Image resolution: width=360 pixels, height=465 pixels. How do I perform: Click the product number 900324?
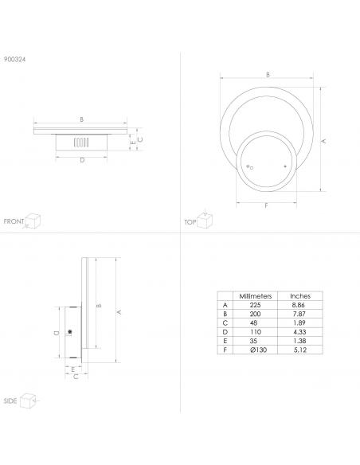14,59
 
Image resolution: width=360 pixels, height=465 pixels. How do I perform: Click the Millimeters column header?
256,296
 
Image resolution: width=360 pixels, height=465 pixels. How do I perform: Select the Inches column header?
300,296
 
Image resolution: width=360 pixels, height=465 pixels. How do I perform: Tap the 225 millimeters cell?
255,305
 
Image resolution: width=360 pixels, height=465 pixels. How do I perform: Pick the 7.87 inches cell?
299,314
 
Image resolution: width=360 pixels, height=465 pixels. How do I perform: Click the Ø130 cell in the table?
258,350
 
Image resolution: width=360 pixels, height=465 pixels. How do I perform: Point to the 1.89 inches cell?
299,322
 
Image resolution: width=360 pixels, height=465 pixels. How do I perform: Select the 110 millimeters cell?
256,332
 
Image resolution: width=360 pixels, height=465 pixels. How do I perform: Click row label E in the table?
225,341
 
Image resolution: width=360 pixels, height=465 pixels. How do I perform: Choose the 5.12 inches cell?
299,350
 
